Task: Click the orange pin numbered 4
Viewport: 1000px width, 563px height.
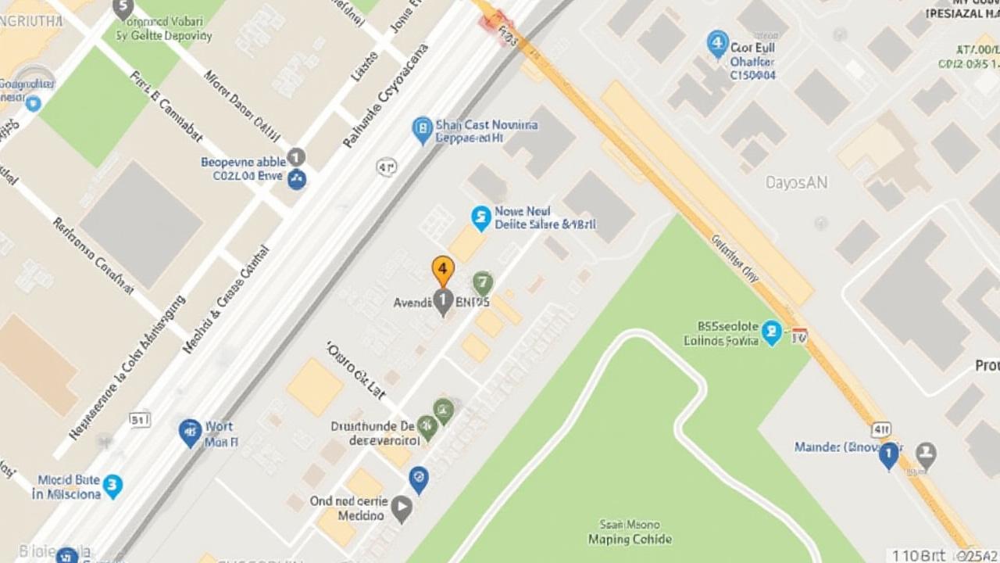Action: click(x=443, y=271)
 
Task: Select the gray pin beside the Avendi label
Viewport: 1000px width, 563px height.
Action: click(x=443, y=301)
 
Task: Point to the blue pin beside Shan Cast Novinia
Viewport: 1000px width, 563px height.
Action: click(x=422, y=130)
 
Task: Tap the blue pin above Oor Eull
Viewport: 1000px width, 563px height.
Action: click(x=717, y=44)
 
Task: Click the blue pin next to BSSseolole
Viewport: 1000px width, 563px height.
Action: click(x=772, y=332)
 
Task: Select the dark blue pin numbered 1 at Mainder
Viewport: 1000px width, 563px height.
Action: click(x=888, y=454)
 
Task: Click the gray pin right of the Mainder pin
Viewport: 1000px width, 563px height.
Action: click(x=926, y=454)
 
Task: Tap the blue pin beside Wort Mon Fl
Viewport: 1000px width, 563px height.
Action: click(x=190, y=432)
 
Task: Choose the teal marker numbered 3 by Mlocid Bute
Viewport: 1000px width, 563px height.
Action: click(x=112, y=486)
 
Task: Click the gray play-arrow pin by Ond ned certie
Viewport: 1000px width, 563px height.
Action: click(x=402, y=508)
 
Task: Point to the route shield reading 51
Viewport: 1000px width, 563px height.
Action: click(x=139, y=420)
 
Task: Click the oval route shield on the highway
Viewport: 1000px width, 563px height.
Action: click(x=387, y=167)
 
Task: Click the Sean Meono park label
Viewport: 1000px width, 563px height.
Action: click(x=630, y=532)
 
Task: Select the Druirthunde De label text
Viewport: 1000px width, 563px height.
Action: click(x=373, y=427)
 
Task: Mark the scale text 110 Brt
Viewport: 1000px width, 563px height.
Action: click(x=918, y=555)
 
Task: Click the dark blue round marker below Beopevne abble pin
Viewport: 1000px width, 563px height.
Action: click(x=297, y=180)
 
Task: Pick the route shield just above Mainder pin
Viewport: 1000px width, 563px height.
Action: click(x=881, y=429)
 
